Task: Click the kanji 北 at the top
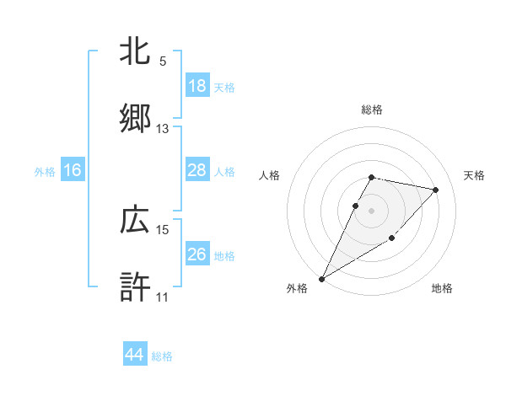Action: pos(135,51)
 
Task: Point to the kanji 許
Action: pos(135,286)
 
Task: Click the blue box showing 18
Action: pos(197,86)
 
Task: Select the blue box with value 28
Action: pos(197,170)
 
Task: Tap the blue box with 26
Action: pos(197,254)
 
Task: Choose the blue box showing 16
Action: pos(73,170)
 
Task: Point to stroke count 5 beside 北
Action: pos(163,62)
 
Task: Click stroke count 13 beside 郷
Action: pos(163,129)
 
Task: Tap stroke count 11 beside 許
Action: pos(163,297)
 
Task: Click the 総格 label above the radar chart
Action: pos(372,110)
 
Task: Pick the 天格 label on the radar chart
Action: pos(475,175)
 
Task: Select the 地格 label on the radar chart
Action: pos(442,288)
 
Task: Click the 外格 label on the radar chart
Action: pos(297,288)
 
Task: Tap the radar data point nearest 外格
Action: pos(322,278)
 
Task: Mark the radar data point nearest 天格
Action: pos(436,190)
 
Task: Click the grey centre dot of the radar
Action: pos(372,210)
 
